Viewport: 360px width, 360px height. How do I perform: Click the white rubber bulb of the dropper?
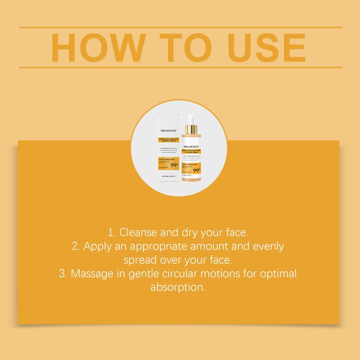click(191, 119)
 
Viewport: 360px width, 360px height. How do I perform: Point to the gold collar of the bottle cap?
click(191, 130)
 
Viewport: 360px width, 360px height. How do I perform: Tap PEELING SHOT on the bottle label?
click(191, 147)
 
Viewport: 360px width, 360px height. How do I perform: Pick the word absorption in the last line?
click(178, 287)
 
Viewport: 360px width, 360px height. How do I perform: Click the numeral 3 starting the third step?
click(62, 274)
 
